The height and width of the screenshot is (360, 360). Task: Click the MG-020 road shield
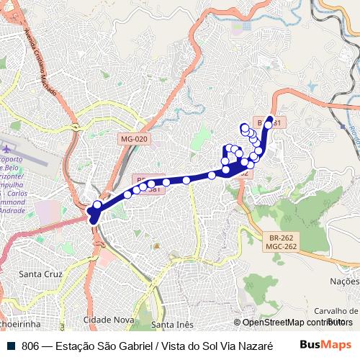click(x=134, y=139)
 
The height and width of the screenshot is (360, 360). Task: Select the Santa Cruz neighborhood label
click(x=40, y=274)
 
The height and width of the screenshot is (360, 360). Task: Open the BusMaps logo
click(x=325, y=345)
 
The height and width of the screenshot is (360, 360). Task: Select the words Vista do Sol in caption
click(x=187, y=346)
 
